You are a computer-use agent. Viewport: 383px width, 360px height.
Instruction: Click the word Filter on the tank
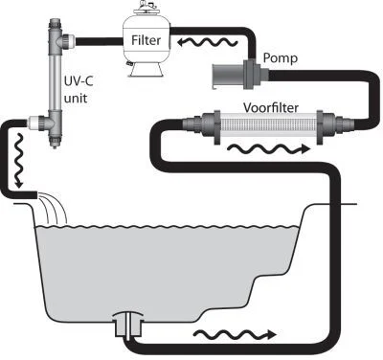click(146, 41)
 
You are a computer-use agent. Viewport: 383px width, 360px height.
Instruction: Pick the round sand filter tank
click(146, 43)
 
